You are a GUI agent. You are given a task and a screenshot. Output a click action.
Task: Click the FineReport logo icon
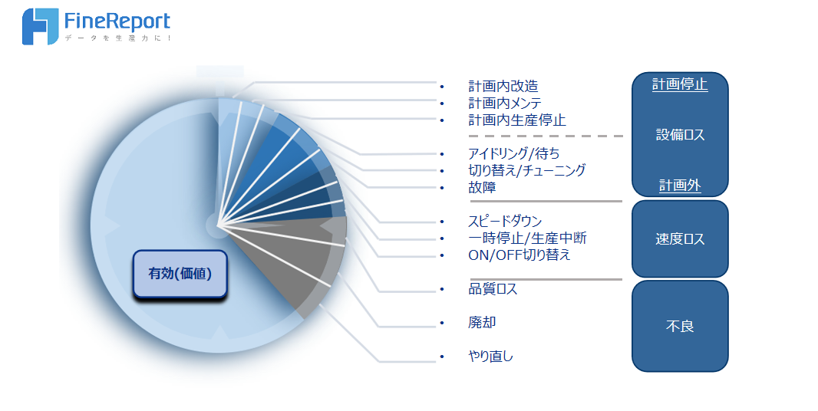pyautogui.click(x=40, y=27)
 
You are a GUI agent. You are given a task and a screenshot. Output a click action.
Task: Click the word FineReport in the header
pyautogui.click(x=117, y=21)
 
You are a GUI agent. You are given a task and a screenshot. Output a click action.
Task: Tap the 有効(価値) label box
pyautogui.click(x=180, y=274)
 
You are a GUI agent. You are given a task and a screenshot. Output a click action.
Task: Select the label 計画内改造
pyautogui.click(x=503, y=86)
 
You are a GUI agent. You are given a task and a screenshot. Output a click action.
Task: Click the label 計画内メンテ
pyautogui.click(x=505, y=104)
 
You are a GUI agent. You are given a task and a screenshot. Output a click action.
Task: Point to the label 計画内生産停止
pyautogui.click(x=517, y=120)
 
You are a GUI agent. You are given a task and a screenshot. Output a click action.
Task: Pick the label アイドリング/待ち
pyautogui.click(x=514, y=153)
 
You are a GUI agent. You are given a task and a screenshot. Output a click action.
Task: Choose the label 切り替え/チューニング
pyautogui.click(x=527, y=170)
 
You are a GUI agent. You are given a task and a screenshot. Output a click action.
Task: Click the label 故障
pyautogui.click(x=482, y=187)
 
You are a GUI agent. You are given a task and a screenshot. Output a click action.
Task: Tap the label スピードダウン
pyautogui.click(x=505, y=221)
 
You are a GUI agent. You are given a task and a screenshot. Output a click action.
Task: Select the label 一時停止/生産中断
pyautogui.click(x=527, y=238)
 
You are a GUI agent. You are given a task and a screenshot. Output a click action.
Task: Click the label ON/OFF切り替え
pyautogui.click(x=519, y=255)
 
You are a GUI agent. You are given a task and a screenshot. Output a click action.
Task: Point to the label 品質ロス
pyautogui.click(x=493, y=289)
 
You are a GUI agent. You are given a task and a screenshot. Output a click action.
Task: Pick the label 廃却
pyautogui.click(x=482, y=322)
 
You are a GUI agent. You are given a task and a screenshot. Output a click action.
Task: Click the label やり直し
pyautogui.click(x=490, y=357)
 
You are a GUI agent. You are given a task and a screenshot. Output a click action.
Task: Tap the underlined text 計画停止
pyautogui.click(x=680, y=84)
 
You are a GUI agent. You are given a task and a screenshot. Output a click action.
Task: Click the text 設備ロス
pyautogui.click(x=681, y=135)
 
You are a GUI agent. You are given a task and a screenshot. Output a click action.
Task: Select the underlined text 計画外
pyautogui.click(x=680, y=186)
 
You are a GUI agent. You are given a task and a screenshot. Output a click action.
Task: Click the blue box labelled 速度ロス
pyautogui.click(x=680, y=239)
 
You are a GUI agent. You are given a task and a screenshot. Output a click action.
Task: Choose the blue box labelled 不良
pyautogui.click(x=680, y=326)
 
